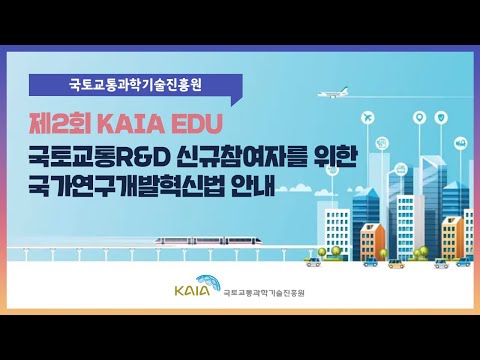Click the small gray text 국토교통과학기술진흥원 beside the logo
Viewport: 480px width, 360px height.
coord(264,294)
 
